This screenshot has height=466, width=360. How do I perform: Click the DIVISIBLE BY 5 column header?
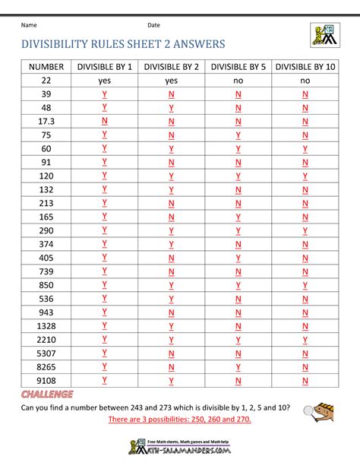coord(238,67)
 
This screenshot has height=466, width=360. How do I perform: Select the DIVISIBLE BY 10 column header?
coord(305,67)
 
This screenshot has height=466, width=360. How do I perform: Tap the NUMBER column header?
coord(46,67)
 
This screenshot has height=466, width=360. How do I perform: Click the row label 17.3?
coord(46,121)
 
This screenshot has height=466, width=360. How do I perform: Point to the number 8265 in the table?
coord(46,366)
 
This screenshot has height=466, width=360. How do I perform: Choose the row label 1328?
coord(46,325)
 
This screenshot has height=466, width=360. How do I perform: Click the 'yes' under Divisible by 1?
coord(104,81)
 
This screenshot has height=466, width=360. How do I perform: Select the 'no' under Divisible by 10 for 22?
coord(305,81)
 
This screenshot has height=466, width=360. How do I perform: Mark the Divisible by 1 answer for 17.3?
coord(104,121)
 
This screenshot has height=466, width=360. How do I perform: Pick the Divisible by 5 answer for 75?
coord(238,135)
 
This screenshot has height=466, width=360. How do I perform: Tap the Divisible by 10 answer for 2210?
coord(305,339)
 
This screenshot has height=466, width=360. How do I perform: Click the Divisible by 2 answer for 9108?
coord(171,380)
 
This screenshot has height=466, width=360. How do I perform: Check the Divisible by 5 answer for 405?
coord(238,258)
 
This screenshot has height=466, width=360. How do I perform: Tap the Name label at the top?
coord(30,25)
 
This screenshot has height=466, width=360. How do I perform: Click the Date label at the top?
coord(154,25)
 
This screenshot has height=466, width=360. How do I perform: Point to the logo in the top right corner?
coord(325,33)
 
